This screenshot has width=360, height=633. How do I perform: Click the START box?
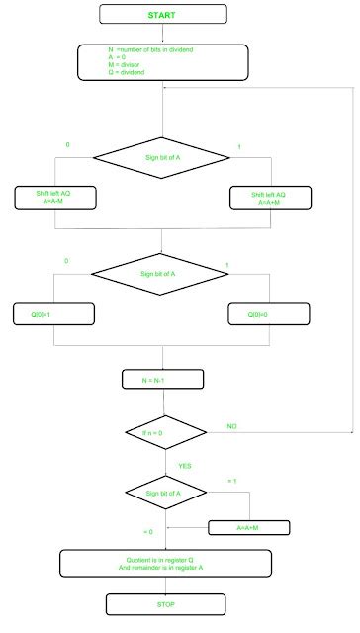[162, 15]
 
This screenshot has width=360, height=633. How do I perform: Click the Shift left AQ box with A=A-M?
[53, 196]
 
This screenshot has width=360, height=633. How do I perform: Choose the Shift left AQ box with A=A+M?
[270, 196]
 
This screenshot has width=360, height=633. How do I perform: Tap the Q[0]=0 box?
[269, 316]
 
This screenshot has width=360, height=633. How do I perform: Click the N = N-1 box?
[162, 378]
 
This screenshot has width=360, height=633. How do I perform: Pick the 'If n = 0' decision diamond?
[163, 432]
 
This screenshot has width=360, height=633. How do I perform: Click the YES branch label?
[185, 464]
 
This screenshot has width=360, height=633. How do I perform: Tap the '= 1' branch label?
[232, 481]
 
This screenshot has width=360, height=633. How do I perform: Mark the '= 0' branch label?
[148, 532]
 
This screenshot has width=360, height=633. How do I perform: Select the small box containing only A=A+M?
[248, 527]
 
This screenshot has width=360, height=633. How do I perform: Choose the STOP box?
[162, 602]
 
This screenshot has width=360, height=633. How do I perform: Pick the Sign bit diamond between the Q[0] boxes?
[162, 273]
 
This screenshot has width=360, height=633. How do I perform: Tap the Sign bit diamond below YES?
[165, 491]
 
